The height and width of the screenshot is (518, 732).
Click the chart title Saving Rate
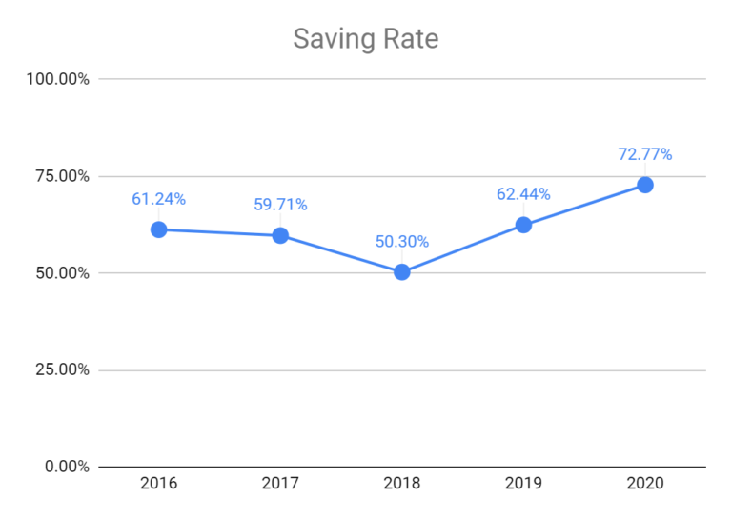(365, 39)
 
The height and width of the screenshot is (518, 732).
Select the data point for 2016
(159, 229)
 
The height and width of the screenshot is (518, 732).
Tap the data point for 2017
(280, 235)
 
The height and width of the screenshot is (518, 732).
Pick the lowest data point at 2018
(402, 271)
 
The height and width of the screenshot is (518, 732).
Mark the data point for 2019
(523, 225)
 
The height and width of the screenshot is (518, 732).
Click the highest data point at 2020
(645, 185)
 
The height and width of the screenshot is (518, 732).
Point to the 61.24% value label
(158, 199)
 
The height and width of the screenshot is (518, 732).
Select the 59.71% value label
(280, 205)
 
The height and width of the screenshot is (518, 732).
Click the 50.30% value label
(402, 241)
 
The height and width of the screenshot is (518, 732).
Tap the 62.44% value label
(523, 194)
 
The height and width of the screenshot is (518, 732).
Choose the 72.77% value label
(645, 154)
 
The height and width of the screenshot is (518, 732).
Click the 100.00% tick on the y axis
(56, 79)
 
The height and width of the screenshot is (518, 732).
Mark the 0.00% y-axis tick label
(64, 467)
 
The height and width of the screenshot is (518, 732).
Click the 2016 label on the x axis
(158, 485)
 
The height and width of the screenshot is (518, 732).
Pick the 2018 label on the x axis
(402, 485)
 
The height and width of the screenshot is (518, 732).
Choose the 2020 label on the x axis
(645, 485)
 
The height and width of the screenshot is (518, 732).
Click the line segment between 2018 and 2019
(463, 249)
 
